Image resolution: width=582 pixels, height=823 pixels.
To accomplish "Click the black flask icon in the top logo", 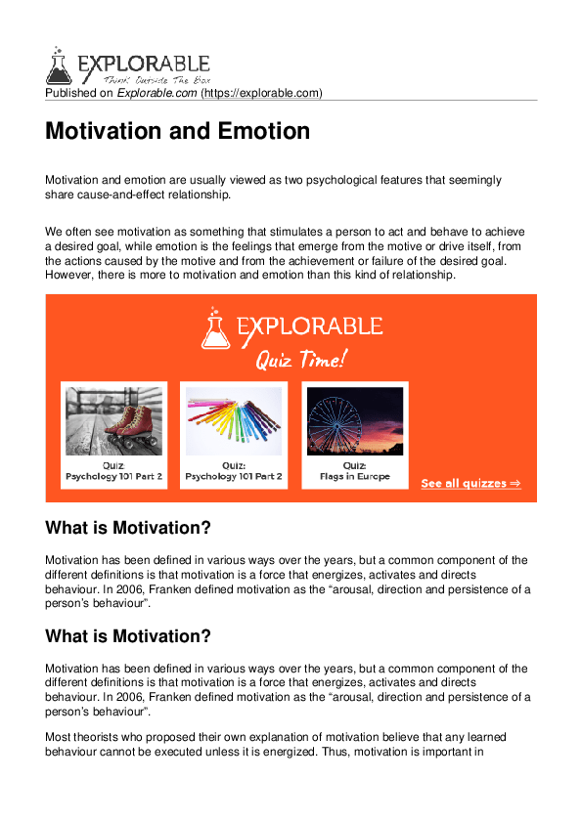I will click(59, 65).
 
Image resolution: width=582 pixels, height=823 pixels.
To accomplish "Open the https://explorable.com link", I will click(261, 93).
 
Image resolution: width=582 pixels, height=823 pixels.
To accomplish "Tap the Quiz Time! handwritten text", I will click(299, 360).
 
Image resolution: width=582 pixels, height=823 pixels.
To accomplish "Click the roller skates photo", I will click(113, 420).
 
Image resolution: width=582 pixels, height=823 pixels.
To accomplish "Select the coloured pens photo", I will click(234, 420).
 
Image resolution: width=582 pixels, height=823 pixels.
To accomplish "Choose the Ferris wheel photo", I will click(354, 420).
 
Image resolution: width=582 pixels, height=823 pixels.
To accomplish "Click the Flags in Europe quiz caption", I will click(354, 477).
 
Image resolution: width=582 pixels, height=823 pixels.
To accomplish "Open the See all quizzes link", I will click(470, 483).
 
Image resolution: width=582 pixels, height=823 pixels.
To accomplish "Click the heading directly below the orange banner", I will click(128, 528).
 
